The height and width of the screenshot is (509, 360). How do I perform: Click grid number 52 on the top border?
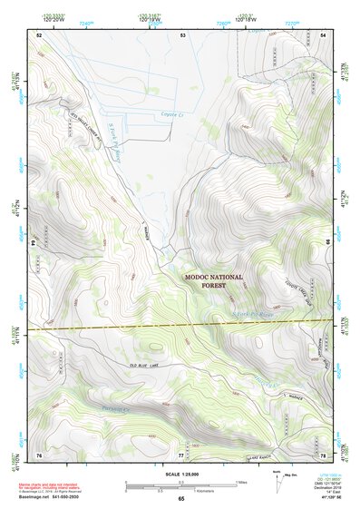(39, 34)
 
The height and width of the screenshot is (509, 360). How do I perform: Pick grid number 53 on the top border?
(182, 34)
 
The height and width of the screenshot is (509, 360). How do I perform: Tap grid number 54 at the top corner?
(323, 34)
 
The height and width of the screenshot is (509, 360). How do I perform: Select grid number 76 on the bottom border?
(39, 454)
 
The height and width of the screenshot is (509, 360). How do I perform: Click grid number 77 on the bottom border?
(181, 454)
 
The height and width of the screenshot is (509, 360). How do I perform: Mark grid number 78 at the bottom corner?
(323, 454)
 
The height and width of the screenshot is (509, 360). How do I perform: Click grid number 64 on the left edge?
(34, 244)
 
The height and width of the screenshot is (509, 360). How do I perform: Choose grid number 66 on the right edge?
(328, 244)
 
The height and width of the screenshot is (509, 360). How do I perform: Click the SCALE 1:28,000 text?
(180, 475)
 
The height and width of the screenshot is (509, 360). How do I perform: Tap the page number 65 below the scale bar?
(180, 499)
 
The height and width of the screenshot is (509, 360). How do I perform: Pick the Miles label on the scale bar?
(240, 481)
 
